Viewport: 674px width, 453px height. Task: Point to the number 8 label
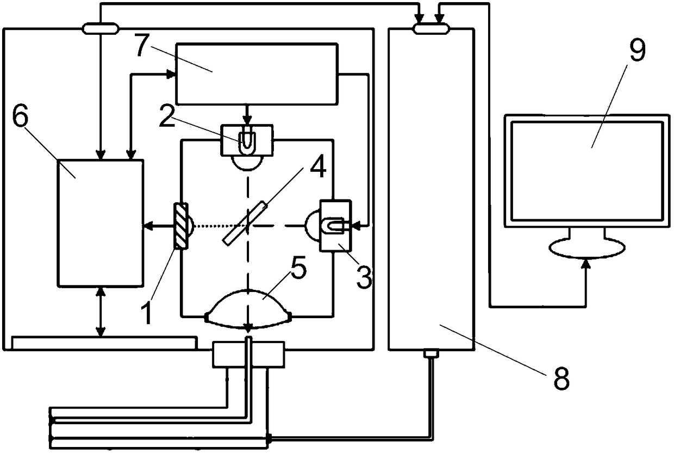click(561, 378)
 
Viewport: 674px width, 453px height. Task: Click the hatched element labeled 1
click(180, 226)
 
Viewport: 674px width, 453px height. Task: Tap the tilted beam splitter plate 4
click(245, 224)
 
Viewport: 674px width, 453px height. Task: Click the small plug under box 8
click(430, 353)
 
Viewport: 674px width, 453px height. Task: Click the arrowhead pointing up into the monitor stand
click(586, 263)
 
